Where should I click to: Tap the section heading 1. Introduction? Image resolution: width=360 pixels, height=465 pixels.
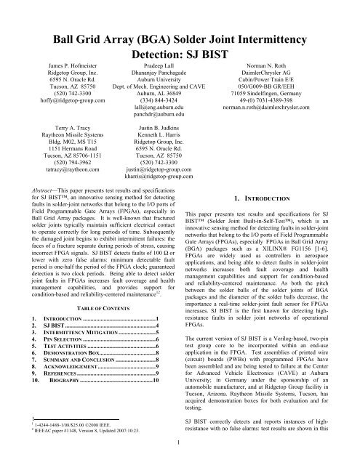[277, 238]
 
